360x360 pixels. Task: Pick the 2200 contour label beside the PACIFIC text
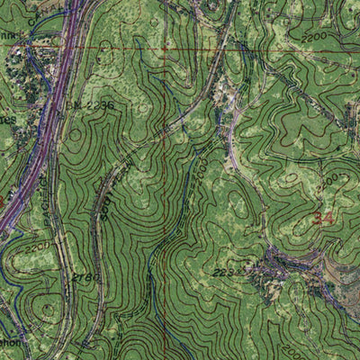(x=37, y=246)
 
